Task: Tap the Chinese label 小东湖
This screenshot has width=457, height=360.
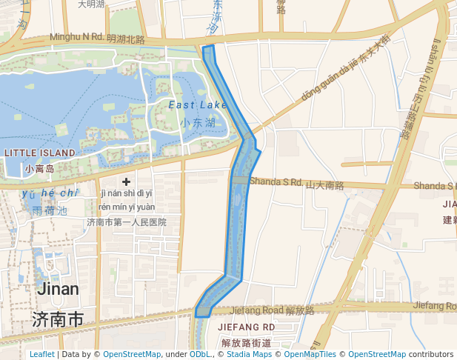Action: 198,123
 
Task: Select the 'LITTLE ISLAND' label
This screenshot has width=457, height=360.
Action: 39,153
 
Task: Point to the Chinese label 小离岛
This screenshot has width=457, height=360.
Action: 39,169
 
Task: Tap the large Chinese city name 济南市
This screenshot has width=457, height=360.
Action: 58,320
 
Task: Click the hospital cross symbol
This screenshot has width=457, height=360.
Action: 126,181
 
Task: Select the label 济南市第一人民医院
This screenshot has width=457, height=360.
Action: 126,221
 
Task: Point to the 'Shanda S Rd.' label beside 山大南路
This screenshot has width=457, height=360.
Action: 276,181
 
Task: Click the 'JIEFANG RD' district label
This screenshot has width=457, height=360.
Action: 247,327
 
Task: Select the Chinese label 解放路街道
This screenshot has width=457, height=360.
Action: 247,342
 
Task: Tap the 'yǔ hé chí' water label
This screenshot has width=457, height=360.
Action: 50,193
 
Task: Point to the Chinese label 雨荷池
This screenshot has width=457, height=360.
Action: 50,210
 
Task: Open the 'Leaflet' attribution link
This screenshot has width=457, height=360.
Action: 41,355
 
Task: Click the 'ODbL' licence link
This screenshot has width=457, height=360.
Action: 201,355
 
